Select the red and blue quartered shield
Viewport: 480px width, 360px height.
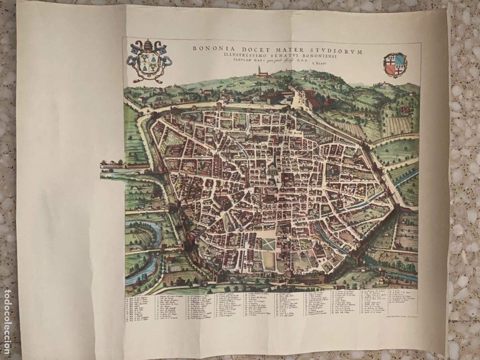[395, 64]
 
